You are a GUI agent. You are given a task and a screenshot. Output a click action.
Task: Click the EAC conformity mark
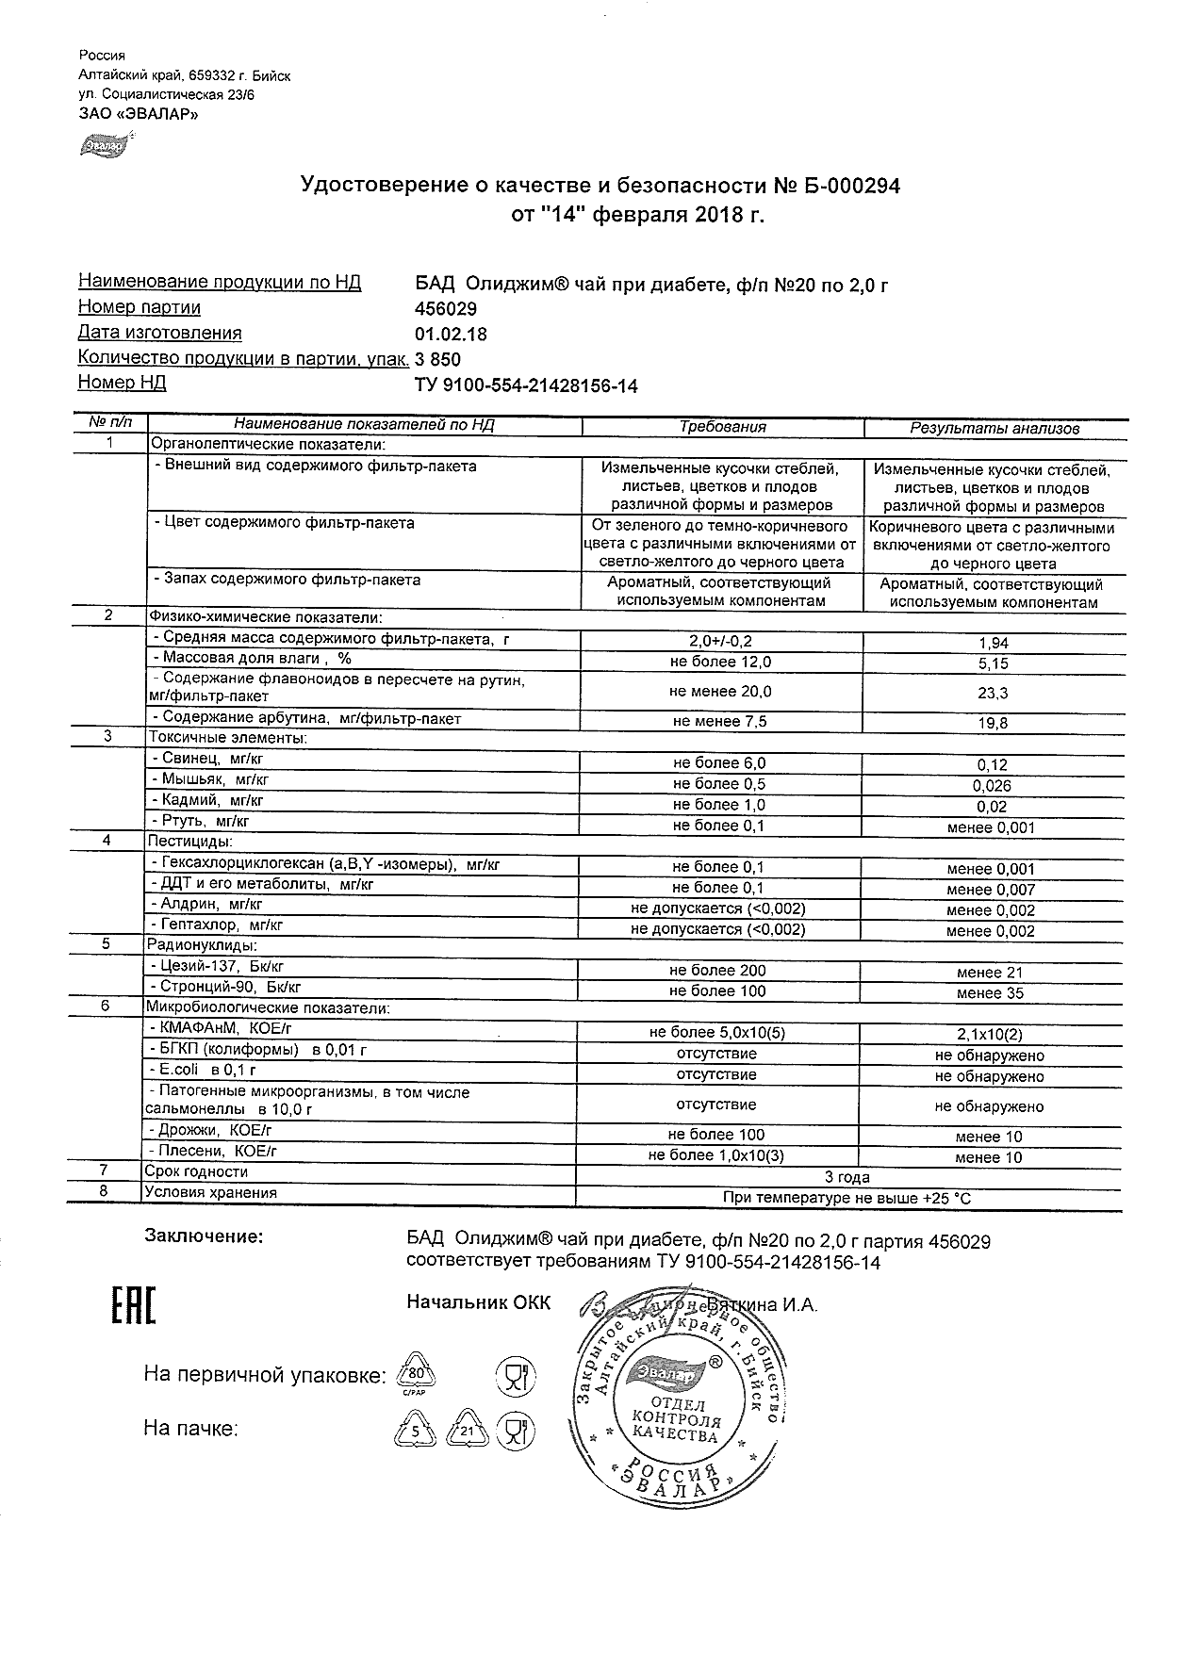coord(133,1305)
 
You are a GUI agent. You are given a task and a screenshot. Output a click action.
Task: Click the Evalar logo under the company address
coord(103,146)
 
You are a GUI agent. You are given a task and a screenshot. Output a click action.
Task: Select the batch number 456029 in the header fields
coord(446,309)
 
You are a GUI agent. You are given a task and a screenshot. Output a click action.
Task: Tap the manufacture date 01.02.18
coord(451,335)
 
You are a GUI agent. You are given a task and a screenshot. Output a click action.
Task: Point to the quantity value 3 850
coord(438,360)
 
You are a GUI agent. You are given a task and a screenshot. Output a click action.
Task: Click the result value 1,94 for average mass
coord(995,643)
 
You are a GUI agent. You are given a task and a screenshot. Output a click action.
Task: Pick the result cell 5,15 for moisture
coord(995,663)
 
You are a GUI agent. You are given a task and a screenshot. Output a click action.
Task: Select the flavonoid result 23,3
coord(995,693)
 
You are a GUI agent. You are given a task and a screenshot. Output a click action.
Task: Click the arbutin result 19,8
coord(995,723)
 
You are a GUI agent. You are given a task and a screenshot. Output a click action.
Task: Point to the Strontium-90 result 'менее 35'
coord(990,993)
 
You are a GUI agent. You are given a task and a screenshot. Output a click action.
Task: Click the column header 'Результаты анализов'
coord(995,429)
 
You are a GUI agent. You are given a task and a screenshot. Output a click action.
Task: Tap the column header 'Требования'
coord(723,427)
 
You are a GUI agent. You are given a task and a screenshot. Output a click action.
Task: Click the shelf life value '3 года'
coord(847,1177)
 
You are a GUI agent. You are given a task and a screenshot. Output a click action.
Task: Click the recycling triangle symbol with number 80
coord(415,1375)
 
